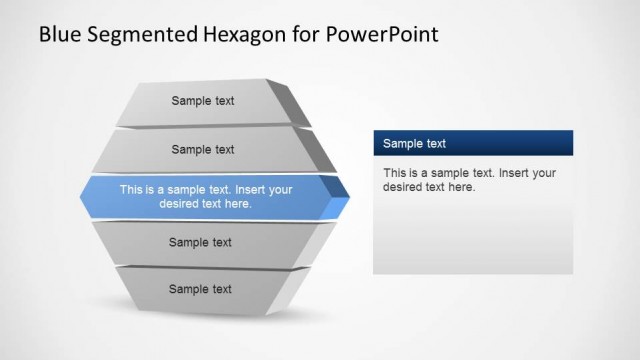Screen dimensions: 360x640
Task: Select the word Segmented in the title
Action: [x=139, y=35]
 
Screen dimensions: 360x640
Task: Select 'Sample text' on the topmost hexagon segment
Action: [x=203, y=101]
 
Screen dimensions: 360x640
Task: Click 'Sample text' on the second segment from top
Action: [x=203, y=150]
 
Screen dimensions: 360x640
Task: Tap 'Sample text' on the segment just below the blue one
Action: [x=200, y=242]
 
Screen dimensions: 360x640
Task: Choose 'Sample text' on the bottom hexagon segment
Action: [x=200, y=289]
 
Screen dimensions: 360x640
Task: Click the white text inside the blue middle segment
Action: [x=206, y=196]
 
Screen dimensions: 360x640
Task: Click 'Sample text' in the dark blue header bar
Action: [x=414, y=144]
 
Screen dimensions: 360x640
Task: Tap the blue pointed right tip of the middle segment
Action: [x=340, y=198]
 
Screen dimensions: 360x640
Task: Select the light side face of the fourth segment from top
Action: [x=324, y=241]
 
